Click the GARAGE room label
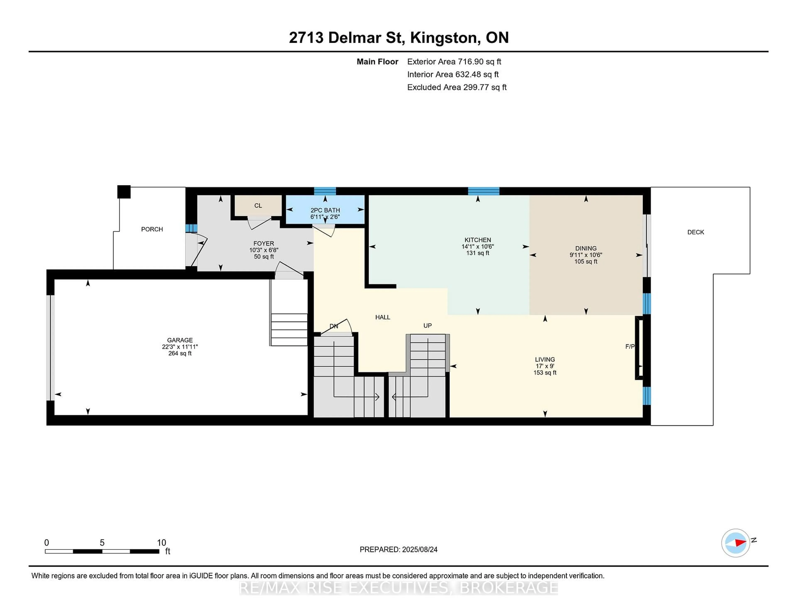(180, 340)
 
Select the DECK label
(696, 232)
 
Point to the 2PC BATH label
(325, 210)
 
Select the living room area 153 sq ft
(545, 373)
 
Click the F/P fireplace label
(630, 347)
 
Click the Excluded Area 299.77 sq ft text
(457, 87)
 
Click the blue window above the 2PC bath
(325, 191)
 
